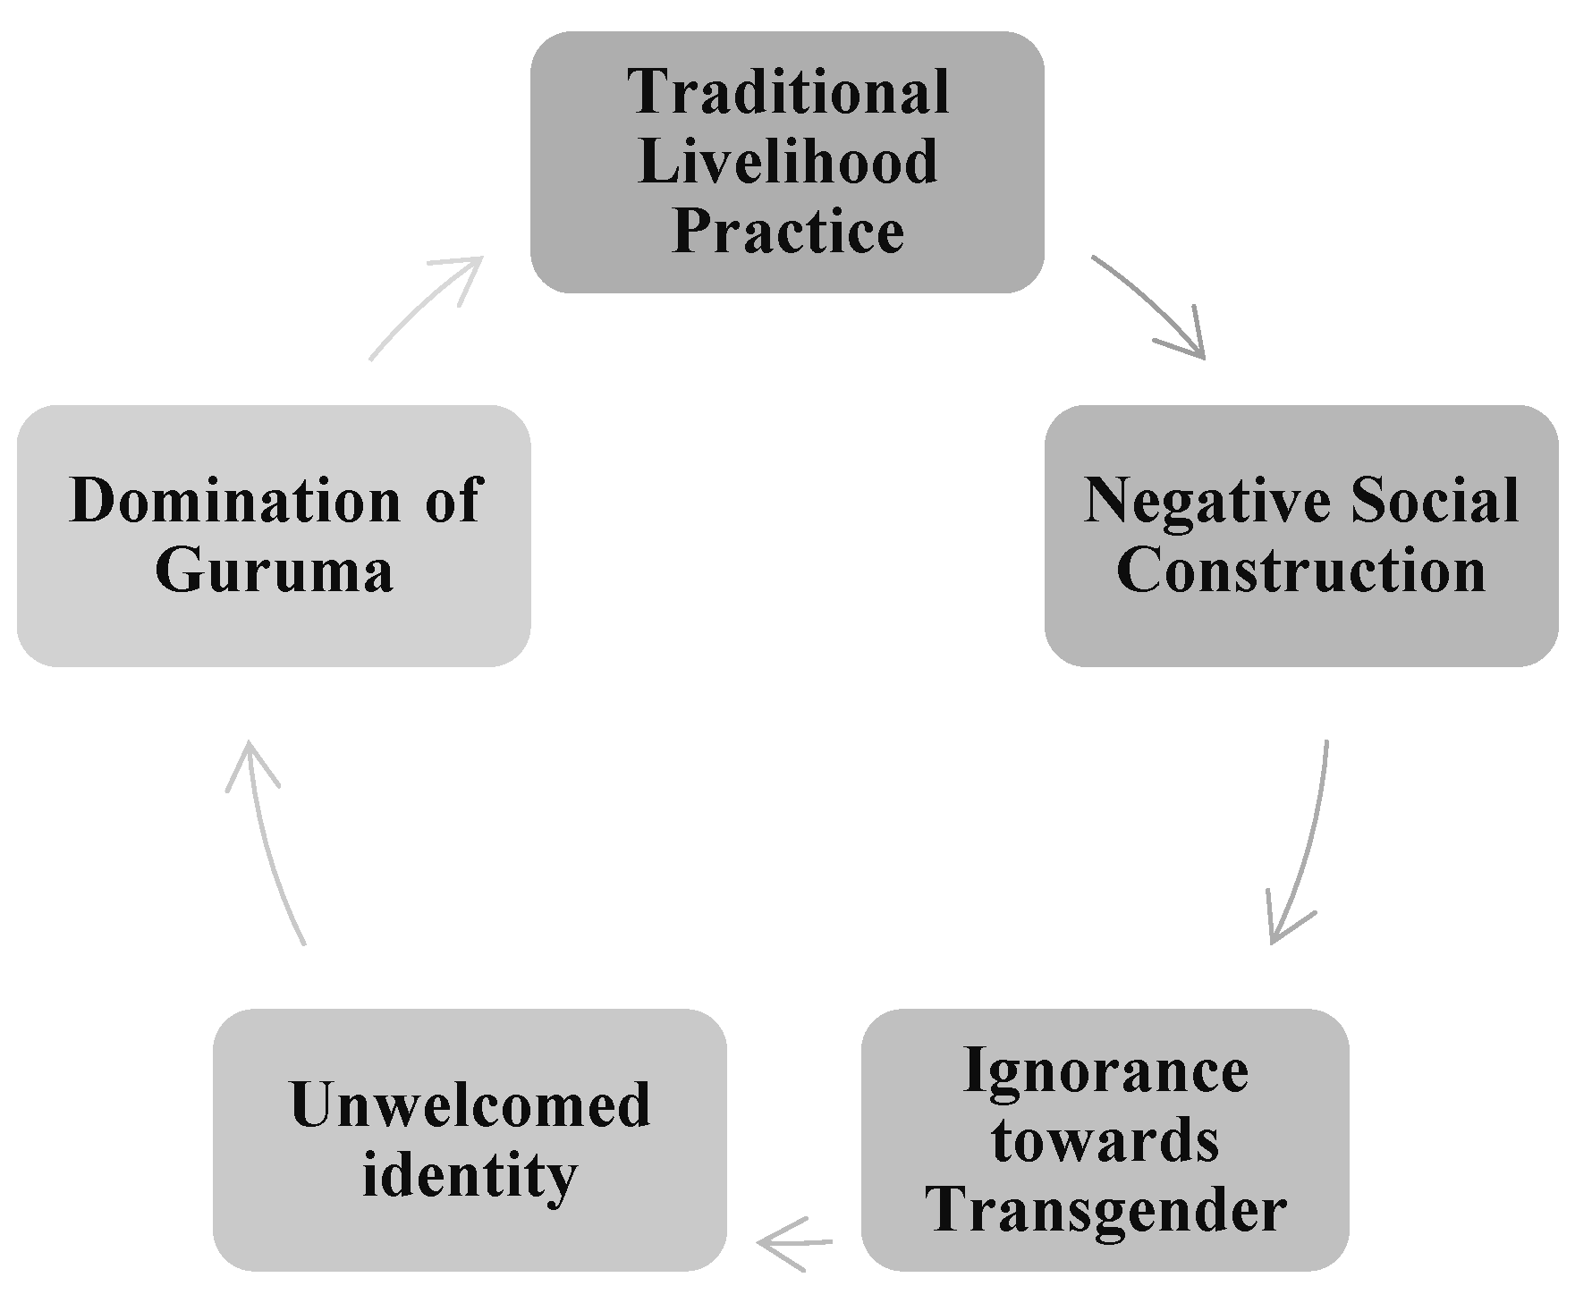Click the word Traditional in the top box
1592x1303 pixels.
pos(788,92)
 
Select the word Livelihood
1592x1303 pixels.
pos(788,162)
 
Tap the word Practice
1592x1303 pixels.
pos(788,232)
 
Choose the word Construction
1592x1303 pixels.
pos(1301,570)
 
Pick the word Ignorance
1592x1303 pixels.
pos(1105,1070)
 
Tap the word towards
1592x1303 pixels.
pos(1105,1140)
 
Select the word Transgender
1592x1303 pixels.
pos(1105,1210)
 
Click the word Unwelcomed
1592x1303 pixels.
pos(470,1105)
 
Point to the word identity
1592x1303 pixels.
pos(470,1175)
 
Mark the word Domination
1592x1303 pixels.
pos(235,500)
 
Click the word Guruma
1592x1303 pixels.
pos(274,570)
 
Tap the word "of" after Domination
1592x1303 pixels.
pos(453,500)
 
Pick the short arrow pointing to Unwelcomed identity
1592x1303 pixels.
pos(794,1242)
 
